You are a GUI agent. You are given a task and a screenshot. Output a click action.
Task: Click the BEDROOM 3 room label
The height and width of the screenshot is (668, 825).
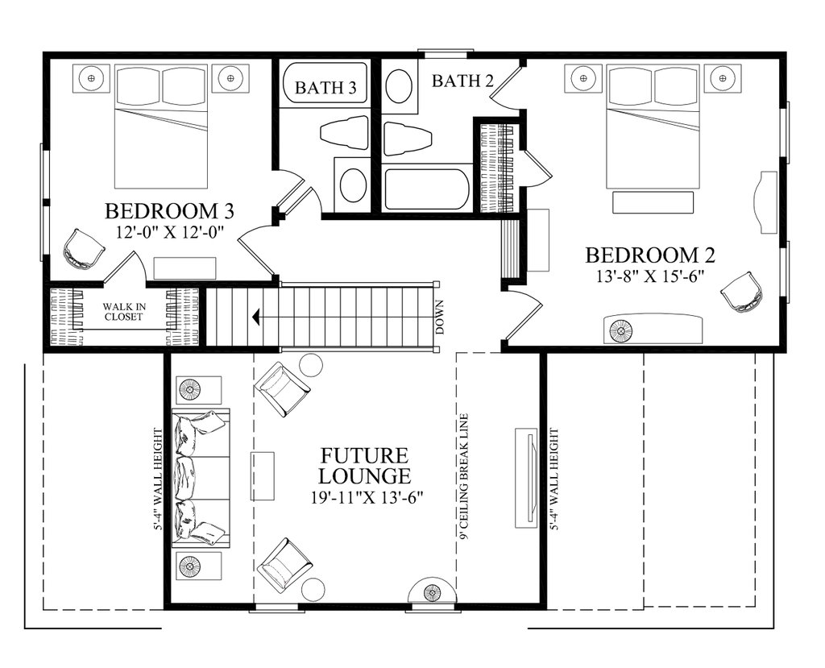pos(169,211)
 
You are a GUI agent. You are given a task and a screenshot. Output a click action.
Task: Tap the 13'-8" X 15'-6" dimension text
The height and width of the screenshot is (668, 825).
pos(650,276)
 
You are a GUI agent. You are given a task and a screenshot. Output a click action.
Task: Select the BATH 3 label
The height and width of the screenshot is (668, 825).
pos(325,87)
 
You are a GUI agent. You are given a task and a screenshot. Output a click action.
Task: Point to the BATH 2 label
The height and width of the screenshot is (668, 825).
pos(463,81)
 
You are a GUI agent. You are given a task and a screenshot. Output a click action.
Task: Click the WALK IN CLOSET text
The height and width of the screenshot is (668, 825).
pos(123,311)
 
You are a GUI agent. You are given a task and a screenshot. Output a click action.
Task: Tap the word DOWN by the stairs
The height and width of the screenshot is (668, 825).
pos(440,317)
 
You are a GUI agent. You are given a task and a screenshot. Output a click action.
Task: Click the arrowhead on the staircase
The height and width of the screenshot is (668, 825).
pos(256,317)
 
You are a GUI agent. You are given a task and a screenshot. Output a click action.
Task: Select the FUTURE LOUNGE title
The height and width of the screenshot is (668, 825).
pos(364,465)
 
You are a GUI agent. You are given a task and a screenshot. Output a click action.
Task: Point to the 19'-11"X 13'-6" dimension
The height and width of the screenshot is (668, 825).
pos(367,497)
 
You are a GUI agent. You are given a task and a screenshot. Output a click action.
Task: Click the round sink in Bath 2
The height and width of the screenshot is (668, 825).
pos(400,87)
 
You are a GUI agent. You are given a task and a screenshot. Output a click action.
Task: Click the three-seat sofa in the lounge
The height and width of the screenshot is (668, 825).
pos(201,478)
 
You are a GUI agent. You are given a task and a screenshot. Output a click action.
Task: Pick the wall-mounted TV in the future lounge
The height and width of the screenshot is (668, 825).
pos(526,478)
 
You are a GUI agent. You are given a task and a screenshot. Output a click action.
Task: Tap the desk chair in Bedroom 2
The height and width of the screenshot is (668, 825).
pos(742,293)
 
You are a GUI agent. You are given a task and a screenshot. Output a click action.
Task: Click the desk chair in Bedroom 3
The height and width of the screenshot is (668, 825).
pos(83,248)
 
